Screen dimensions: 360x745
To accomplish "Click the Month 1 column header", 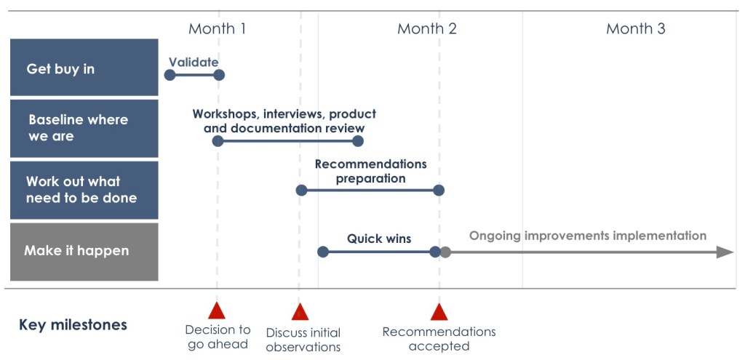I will [217, 29].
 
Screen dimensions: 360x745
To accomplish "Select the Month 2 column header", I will [427, 29].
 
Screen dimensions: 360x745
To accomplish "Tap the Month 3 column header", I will [635, 29].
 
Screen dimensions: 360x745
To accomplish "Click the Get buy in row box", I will [84, 68].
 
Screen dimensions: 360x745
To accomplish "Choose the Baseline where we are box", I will [84, 128].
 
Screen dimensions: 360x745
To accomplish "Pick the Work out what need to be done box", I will [84, 190].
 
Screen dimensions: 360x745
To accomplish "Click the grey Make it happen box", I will [84, 252].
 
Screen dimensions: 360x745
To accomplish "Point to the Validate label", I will [194, 62].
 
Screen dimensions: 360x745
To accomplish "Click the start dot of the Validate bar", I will [170, 75].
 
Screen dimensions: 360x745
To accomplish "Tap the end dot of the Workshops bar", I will [357, 141].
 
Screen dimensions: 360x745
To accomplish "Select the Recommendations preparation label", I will [370, 171].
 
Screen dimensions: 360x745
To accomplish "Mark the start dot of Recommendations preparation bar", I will [301, 191].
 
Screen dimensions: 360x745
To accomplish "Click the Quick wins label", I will [378, 239].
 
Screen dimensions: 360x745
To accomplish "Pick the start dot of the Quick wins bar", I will [324, 252].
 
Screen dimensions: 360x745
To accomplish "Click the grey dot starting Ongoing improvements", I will [445, 252].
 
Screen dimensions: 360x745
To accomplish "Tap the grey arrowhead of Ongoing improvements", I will [725, 252].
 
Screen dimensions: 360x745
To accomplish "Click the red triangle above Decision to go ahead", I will [217, 311].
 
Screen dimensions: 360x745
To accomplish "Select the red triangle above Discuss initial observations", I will [300, 312].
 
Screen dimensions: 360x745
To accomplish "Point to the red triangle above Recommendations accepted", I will [439, 312].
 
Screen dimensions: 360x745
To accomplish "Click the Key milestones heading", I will [73, 325].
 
